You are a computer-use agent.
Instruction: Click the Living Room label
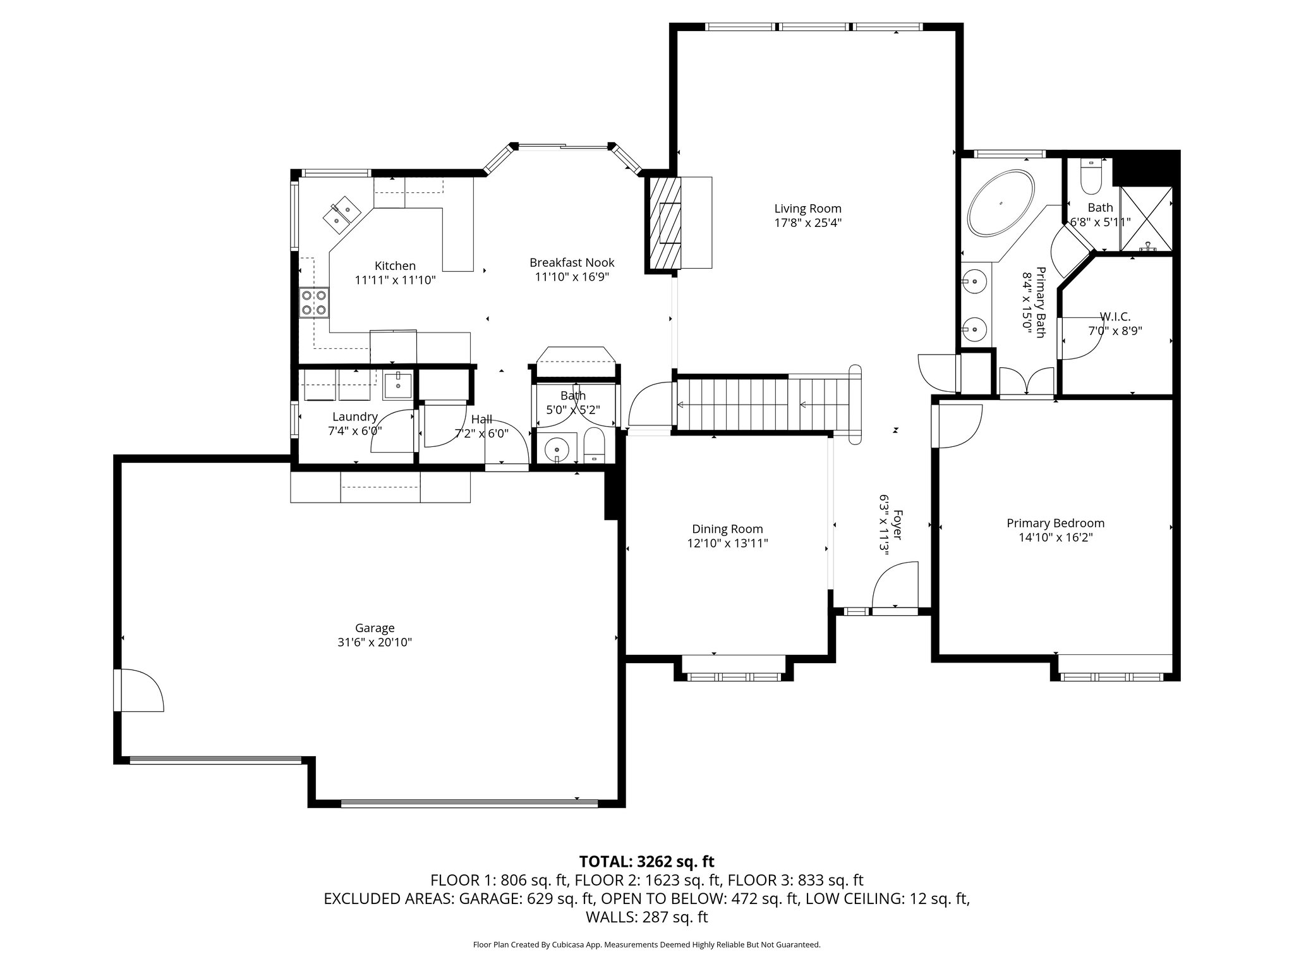point(807,209)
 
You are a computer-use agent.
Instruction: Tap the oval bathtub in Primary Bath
point(1001,203)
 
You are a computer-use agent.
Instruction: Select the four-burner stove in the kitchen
point(315,302)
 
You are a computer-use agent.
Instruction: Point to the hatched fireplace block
point(663,223)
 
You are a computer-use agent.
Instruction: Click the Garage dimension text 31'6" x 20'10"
point(375,642)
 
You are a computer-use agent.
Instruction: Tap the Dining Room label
point(727,529)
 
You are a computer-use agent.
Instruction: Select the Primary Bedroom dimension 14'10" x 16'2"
point(1055,537)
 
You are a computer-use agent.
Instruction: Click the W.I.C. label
point(1115,316)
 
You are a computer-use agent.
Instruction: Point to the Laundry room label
point(355,417)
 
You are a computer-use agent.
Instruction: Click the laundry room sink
point(398,385)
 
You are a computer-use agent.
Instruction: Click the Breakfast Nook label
point(572,262)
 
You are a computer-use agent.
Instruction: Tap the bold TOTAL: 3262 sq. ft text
point(646,862)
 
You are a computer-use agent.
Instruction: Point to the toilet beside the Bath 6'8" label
point(1091,177)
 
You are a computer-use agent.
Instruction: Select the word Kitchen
point(395,266)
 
